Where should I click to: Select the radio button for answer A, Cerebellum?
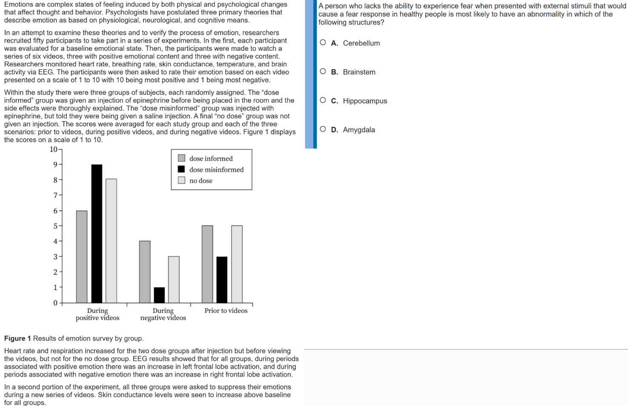click(x=323, y=43)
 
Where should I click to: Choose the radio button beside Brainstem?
click(x=323, y=71)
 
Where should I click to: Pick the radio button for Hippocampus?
click(x=323, y=100)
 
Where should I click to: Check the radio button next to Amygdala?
click(x=323, y=129)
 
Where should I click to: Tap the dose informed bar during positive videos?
click(x=82, y=257)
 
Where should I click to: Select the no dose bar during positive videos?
click(x=111, y=240)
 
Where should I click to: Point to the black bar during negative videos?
click(x=159, y=295)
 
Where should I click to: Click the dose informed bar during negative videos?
click(x=145, y=272)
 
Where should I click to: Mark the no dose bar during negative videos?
click(x=174, y=279)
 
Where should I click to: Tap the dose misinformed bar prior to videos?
click(x=222, y=279)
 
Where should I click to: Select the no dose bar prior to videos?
click(x=237, y=264)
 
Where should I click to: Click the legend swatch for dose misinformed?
click(x=181, y=169)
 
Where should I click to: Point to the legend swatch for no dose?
click(x=181, y=180)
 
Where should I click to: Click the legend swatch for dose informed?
click(x=181, y=158)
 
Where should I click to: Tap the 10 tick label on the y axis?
click(x=54, y=149)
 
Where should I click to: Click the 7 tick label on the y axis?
click(x=55, y=195)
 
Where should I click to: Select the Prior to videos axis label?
click(x=226, y=311)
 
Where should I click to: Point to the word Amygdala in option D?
click(x=359, y=130)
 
